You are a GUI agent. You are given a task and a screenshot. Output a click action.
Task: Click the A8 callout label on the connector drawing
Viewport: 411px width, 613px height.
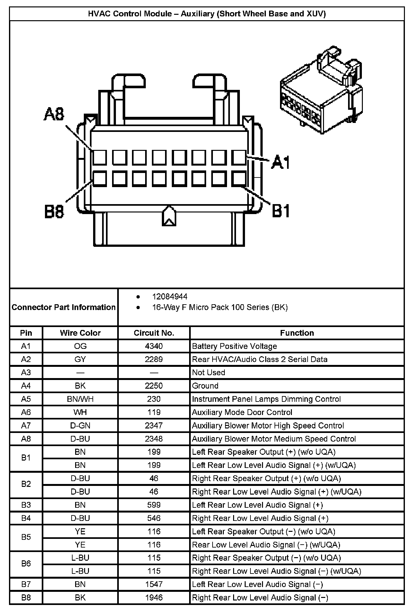54,114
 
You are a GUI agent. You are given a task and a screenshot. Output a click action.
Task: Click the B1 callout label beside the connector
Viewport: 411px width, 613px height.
281,211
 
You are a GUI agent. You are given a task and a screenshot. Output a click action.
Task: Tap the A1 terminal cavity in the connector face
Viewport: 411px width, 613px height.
239,158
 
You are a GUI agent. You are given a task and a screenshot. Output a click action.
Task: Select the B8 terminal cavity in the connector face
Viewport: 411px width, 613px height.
100,179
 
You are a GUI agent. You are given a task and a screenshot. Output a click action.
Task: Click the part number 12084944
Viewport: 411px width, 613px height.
170,297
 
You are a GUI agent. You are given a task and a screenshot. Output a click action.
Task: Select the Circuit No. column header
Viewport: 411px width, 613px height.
154,333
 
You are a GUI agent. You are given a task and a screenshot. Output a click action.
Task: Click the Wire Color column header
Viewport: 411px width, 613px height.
80,333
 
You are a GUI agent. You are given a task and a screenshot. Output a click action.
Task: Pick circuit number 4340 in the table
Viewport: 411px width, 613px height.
154,346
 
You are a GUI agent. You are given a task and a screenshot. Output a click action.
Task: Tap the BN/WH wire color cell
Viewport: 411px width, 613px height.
80,399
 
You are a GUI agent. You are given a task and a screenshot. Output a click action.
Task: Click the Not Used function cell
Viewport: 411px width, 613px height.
208,373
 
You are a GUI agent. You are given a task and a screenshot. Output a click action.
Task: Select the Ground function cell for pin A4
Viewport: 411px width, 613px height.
205,386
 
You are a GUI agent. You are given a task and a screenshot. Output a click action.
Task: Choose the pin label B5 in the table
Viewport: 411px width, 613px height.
26,537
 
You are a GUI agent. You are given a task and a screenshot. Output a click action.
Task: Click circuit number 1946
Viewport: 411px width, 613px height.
154,598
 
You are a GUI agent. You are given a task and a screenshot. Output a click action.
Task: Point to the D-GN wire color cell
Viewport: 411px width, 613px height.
80,426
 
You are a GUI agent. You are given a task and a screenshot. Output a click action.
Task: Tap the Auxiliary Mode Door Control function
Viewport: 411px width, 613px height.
242,412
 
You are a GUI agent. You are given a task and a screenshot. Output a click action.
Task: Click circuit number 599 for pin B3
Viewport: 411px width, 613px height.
154,505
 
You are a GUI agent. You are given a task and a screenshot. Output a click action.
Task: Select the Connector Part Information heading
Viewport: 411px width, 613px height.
64,307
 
